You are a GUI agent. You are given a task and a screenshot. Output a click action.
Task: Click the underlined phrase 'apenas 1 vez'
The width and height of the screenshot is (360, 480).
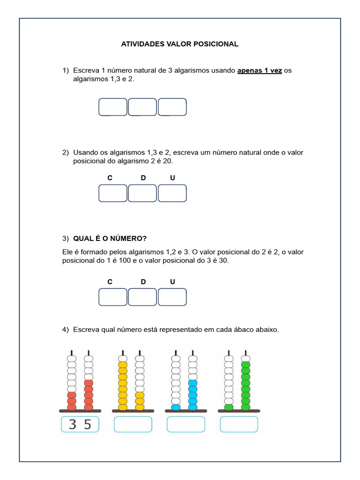(x=259, y=71)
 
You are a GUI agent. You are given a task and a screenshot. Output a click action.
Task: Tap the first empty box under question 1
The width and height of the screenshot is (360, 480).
(x=113, y=107)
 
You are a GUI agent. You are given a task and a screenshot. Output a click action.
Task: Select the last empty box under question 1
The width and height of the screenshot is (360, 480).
(x=172, y=107)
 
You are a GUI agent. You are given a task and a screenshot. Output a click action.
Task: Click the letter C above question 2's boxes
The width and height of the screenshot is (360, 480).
(x=110, y=178)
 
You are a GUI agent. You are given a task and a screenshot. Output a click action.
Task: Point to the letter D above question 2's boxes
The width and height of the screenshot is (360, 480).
(x=143, y=178)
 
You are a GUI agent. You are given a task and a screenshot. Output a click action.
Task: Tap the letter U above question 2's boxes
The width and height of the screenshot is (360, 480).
(x=172, y=178)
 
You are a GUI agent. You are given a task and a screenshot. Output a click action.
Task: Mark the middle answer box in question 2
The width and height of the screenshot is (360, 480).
(x=142, y=193)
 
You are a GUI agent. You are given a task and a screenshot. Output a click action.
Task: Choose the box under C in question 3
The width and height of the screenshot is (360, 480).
(x=113, y=297)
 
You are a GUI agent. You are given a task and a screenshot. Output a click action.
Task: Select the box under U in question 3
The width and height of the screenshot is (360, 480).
(x=172, y=297)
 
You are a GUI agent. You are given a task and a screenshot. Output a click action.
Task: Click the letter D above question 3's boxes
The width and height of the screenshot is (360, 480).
(x=143, y=282)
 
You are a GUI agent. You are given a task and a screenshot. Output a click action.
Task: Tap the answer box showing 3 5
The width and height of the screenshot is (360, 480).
(x=80, y=424)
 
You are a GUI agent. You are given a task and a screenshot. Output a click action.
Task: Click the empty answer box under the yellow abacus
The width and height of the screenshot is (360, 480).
(x=133, y=424)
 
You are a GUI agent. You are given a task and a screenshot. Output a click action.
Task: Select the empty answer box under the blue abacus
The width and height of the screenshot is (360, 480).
(x=186, y=424)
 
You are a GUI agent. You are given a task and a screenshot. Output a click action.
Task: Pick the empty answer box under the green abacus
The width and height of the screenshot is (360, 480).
(x=239, y=424)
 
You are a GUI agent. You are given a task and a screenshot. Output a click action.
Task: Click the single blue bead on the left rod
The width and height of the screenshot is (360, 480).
(x=176, y=407)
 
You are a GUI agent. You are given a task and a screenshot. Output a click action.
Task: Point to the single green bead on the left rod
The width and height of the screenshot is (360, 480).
(x=229, y=407)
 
